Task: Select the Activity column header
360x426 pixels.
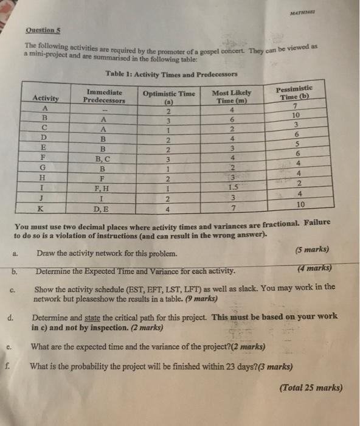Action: (46, 99)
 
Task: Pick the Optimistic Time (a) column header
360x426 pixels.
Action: (168, 97)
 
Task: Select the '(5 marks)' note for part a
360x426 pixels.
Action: (312, 250)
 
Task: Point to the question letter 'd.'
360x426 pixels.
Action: (12, 318)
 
